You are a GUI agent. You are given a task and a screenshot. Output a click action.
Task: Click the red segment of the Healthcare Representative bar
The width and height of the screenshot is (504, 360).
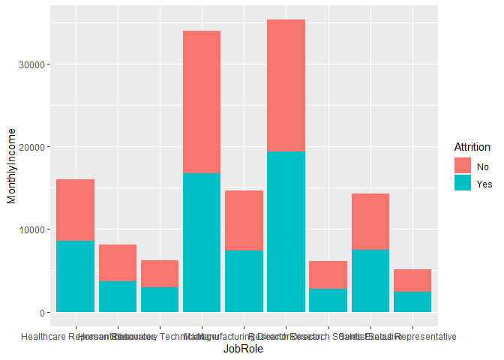pos(75,210)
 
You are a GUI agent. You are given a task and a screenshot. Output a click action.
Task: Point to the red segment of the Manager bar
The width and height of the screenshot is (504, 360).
pos(202,102)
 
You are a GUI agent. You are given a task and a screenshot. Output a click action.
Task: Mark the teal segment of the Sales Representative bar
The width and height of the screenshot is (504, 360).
pos(412,301)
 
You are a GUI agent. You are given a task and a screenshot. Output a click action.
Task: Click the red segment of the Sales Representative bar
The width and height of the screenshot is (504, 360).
pos(412,280)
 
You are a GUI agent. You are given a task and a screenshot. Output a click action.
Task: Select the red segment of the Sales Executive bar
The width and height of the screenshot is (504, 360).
pos(370,221)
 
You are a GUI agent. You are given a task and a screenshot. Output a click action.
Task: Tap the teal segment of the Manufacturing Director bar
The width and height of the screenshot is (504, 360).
pos(244,280)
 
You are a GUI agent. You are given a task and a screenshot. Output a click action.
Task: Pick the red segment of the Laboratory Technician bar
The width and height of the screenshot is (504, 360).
pos(159,274)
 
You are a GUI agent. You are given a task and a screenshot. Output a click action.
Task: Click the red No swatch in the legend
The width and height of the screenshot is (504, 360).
pos(462,166)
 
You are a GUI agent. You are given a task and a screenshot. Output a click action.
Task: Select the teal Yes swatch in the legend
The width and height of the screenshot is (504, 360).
pos(462,182)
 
